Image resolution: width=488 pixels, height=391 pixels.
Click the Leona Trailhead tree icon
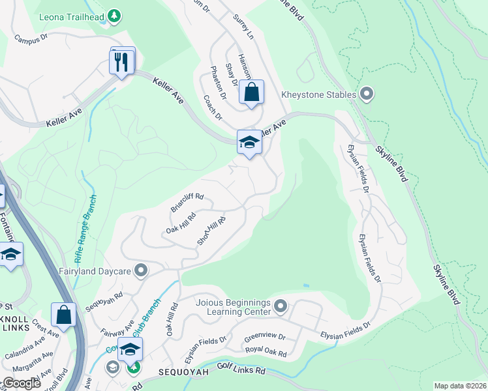tap(114, 15)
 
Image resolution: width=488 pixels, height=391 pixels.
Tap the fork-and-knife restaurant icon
tap(121, 62)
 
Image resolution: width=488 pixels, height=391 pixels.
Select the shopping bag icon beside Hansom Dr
tap(251, 93)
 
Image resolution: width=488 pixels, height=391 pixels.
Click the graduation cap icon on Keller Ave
tap(249, 142)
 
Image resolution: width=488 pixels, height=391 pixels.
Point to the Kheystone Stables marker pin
tap(366, 94)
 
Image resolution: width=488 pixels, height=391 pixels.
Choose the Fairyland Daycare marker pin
tap(140, 270)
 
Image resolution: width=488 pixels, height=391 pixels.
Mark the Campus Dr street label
tap(31, 38)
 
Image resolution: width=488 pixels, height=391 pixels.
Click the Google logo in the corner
tap(22, 383)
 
